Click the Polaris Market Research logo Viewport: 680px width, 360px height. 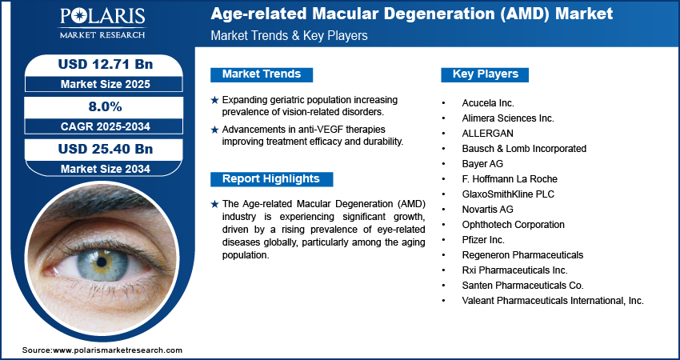102,22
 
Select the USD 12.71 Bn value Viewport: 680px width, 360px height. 106,64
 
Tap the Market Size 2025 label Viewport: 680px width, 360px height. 106,84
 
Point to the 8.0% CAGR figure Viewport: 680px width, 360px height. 106,106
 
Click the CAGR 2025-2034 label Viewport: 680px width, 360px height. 106,126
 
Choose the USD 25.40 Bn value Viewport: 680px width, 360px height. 106,149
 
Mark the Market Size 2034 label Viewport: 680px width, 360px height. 106,169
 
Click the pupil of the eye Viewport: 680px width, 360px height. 102,262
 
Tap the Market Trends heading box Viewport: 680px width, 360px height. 262,74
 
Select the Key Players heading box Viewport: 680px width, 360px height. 485,74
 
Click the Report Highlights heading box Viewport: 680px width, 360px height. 271,179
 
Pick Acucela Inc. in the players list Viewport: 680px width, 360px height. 488,103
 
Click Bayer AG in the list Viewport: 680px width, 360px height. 482,164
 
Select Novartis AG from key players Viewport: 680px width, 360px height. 487,210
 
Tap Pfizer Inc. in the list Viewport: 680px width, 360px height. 483,240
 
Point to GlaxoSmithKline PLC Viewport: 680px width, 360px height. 508,194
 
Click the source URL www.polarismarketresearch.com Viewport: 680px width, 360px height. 118,350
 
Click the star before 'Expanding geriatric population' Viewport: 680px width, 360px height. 214,100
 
